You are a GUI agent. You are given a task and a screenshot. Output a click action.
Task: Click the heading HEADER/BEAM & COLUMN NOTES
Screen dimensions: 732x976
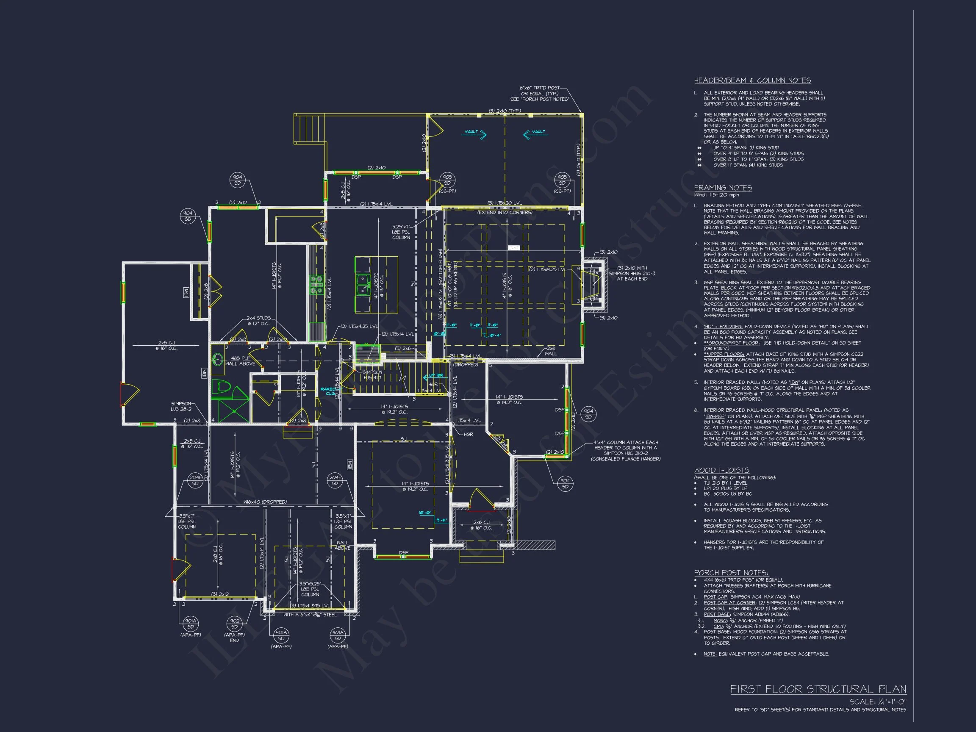click(752, 80)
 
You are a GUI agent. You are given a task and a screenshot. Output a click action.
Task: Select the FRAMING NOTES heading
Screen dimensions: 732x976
click(723, 188)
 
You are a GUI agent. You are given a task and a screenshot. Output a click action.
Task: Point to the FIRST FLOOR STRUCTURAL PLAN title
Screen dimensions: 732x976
click(818, 689)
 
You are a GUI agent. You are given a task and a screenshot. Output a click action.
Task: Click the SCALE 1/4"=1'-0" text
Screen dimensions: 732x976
click(878, 701)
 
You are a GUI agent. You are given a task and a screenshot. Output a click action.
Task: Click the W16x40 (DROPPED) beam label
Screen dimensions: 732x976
click(265, 502)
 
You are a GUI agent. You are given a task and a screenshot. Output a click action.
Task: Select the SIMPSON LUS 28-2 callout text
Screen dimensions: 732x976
click(181, 406)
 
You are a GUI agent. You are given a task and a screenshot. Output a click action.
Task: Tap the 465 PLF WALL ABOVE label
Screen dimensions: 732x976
click(240, 361)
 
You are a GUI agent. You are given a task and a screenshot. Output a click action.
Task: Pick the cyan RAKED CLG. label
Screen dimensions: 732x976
click(328, 391)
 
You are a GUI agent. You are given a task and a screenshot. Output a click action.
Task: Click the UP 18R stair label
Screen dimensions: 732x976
click(436, 376)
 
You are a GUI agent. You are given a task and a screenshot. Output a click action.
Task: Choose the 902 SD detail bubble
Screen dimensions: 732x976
click(234, 624)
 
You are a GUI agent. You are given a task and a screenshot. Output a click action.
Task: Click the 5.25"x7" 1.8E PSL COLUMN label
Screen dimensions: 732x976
click(401, 232)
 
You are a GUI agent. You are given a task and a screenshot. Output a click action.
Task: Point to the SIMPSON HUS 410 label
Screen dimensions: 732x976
click(372, 374)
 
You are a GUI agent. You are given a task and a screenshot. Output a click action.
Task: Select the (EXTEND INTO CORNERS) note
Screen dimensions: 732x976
click(505, 212)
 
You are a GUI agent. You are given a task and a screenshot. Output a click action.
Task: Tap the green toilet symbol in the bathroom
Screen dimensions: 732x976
click(221, 387)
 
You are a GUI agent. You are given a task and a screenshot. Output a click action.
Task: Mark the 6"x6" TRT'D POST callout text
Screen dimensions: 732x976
click(539, 94)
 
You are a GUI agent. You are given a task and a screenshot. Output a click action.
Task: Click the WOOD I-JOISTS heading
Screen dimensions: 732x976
click(721, 470)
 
